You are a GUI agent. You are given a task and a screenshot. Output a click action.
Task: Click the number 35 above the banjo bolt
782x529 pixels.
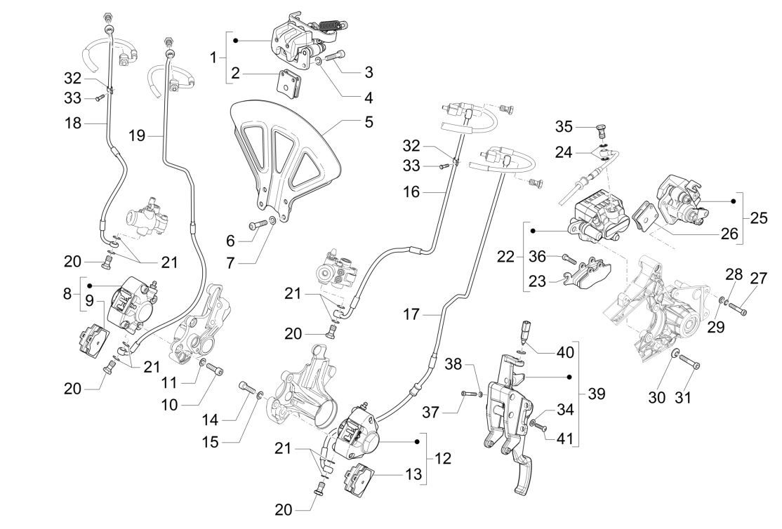[x=563, y=127]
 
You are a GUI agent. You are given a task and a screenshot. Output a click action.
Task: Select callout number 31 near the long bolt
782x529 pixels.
[x=683, y=398]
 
